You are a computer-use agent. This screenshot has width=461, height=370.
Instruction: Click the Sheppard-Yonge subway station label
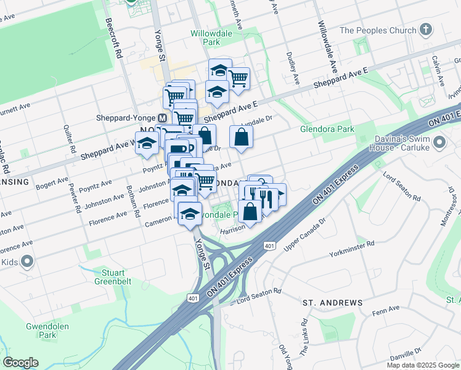[126, 118]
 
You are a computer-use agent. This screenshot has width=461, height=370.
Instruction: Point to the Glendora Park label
[327, 129]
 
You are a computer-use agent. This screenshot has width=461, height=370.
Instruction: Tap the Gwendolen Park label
[47, 331]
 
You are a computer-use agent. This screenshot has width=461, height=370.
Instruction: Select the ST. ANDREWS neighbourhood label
[332, 303]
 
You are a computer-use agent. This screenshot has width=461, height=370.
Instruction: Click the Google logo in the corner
[20, 363]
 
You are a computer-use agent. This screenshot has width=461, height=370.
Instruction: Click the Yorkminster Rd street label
[352, 253]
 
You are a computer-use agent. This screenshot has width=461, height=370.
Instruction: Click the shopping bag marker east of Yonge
[241, 137]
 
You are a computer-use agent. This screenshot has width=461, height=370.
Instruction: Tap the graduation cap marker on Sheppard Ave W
[147, 144]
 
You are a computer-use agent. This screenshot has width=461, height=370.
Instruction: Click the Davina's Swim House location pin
[439, 143]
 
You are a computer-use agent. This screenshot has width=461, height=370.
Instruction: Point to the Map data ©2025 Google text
[422, 364]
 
